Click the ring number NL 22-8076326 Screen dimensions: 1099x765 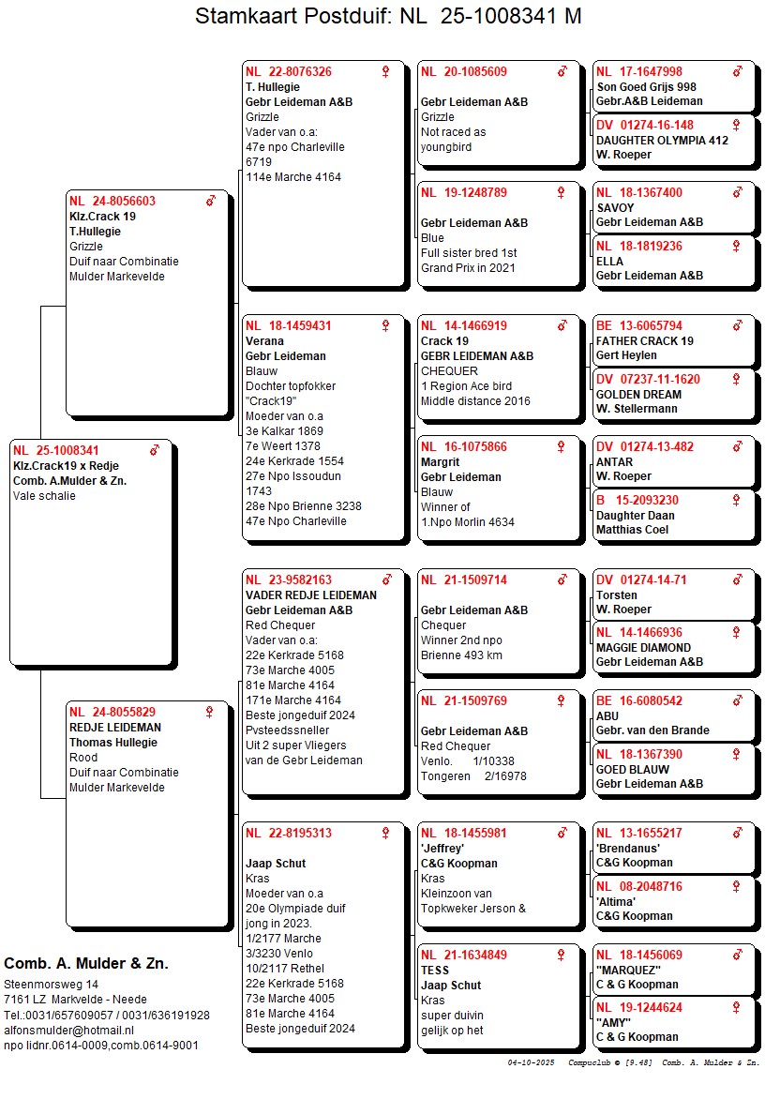(288, 72)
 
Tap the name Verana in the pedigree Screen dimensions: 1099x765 (264, 341)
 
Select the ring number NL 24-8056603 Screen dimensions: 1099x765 (112, 202)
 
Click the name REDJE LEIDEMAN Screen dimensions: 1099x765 (114, 728)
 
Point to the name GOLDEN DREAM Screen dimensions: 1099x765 (638, 395)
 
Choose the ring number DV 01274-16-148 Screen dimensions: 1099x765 (645, 126)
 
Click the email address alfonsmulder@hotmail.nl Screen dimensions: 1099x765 (69, 1030)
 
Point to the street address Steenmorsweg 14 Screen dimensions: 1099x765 (51, 985)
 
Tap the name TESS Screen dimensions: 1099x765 (435, 971)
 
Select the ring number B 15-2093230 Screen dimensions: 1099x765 (637, 501)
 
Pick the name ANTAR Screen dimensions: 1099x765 (614, 462)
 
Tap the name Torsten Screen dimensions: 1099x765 (616, 595)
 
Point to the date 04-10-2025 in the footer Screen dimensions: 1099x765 (532, 1063)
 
